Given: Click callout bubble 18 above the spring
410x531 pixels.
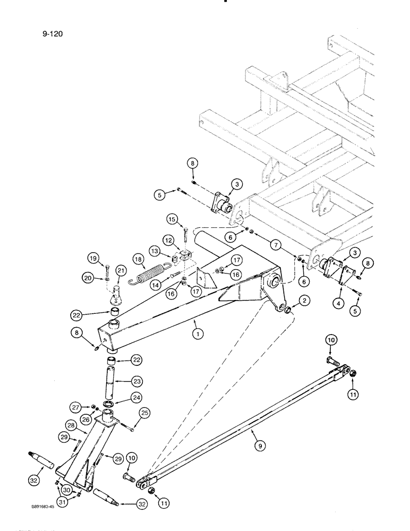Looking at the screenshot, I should pos(138,259).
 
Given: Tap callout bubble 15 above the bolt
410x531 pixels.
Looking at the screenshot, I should pos(172,218).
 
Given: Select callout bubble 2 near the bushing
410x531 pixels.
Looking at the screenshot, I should pos(305,301).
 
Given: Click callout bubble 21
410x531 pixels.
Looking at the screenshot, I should pos(120,272).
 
